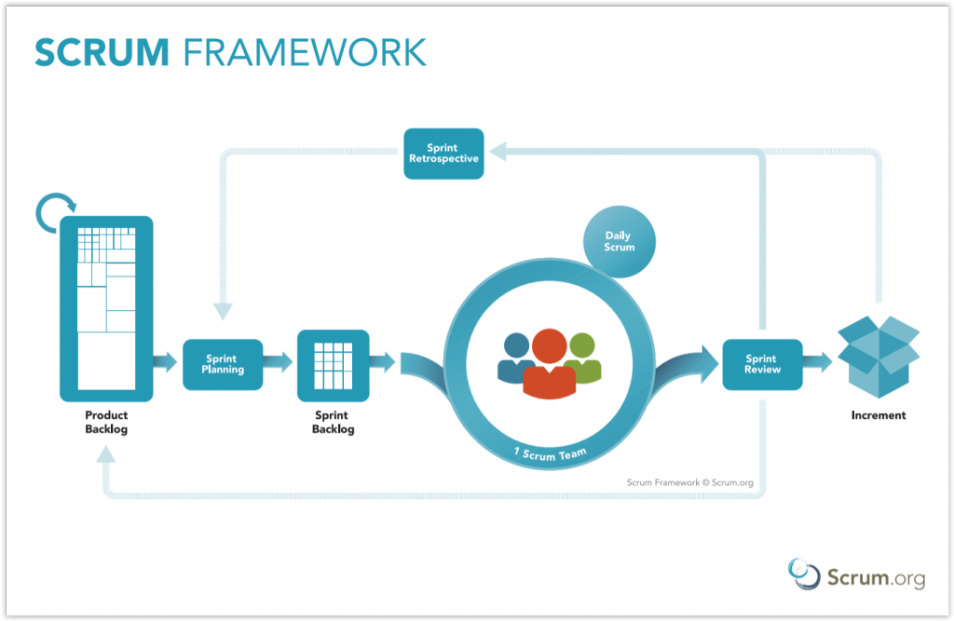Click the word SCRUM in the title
point(102,52)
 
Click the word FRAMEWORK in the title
point(305,52)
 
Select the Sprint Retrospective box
point(443,154)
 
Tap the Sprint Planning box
point(223,364)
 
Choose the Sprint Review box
point(762,364)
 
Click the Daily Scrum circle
point(620,241)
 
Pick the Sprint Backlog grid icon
point(333,366)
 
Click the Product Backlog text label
point(106,422)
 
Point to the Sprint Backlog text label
point(333,422)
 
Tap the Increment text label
point(879,415)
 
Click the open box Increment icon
point(879,357)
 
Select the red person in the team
point(550,364)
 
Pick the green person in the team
point(584,358)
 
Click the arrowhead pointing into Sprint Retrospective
point(497,152)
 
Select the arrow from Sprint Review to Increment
point(818,362)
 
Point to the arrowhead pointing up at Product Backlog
point(106,454)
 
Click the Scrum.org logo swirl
point(804,574)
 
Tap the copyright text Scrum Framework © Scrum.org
point(690,482)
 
